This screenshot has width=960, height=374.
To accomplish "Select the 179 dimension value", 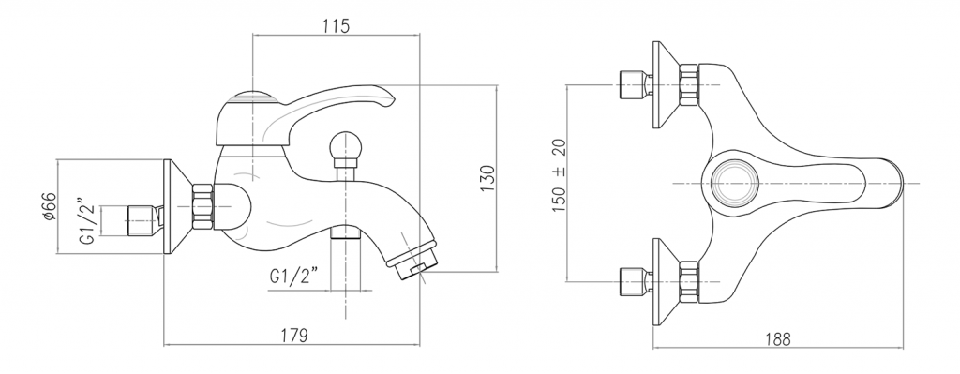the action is coord(293,336).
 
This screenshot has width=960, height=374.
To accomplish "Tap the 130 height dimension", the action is coord(487,178).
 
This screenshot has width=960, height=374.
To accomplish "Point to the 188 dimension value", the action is coord(777,338).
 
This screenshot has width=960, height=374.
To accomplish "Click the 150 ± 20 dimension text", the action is coord(559,175).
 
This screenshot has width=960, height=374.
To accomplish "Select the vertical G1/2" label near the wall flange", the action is coord(87,221).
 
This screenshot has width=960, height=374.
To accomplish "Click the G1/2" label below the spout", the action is coord(293,277).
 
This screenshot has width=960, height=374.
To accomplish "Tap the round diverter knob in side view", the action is coord(346,147).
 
